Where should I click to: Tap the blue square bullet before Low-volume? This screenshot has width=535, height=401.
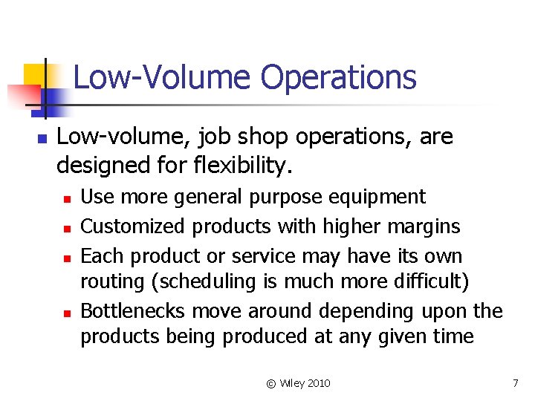pyautogui.click(x=42, y=139)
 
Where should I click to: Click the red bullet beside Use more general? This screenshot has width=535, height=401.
pyautogui.click(x=66, y=199)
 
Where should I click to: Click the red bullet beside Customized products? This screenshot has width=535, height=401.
pyautogui.click(x=66, y=228)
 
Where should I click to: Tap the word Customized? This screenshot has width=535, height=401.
pyautogui.click(x=126, y=226)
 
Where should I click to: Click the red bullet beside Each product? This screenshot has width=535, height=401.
pyautogui.click(x=66, y=258)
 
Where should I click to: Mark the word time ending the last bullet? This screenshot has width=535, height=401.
pyautogui.click(x=454, y=336)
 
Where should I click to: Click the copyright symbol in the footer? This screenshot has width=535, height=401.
pyautogui.click(x=271, y=383)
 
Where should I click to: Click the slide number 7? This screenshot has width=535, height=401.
pyautogui.click(x=515, y=383)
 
